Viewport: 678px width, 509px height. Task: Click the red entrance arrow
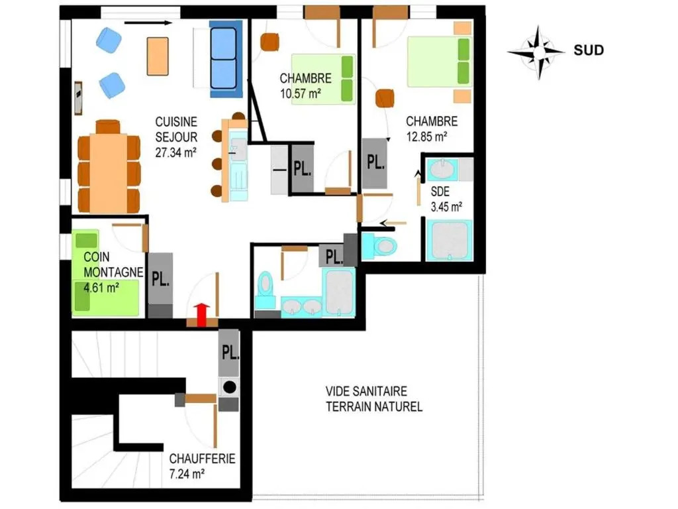pos(201,315)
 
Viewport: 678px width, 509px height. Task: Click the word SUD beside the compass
pos(589,50)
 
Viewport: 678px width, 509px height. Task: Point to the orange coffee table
pos(158,56)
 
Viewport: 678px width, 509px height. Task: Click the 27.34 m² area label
pos(176,152)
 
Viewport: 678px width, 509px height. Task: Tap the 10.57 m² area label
pos(301,93)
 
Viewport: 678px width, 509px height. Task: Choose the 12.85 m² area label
pos(426,137)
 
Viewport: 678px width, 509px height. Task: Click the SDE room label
pos(440,192)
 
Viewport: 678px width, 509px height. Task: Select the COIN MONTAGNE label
pos(113,264)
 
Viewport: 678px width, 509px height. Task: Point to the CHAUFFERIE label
pos(202,459)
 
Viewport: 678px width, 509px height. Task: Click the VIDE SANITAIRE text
pos(366,391)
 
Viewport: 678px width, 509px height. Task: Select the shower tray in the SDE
pos(450,241)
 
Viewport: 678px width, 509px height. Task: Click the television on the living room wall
pos(78,98)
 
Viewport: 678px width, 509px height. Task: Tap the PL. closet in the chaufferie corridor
pos(228,353)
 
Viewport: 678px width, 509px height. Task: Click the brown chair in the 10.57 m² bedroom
pos(270,42)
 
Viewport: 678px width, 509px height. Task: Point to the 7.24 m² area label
pos(187,474)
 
